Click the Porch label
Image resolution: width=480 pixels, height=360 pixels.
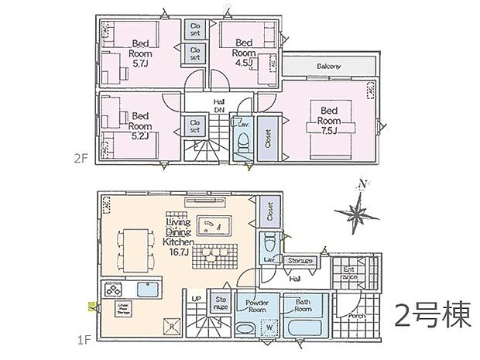click(x=356, y=316)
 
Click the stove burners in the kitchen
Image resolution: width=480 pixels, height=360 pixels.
click(x=108, y=289)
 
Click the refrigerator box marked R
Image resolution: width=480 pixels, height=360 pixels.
click(x=170, y=324)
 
